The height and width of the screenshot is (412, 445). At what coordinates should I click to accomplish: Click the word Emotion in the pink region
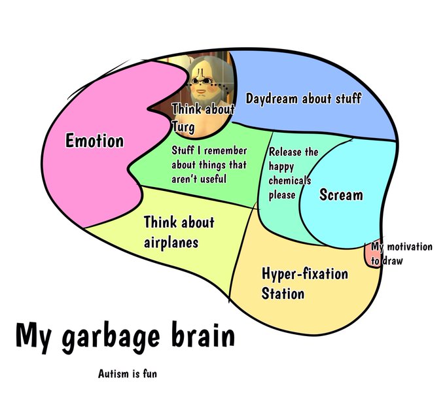click(94, 141)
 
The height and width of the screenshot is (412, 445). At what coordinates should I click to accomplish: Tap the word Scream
click(341, 195)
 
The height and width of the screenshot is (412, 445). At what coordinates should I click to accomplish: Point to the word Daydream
click(272, 99)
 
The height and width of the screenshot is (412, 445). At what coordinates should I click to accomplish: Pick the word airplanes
click(171, 243)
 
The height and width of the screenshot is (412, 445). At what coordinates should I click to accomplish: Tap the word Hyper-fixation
click(304, 273)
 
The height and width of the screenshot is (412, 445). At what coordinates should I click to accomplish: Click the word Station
click(283, 293)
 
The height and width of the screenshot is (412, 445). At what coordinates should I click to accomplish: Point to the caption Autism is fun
click(127, 375)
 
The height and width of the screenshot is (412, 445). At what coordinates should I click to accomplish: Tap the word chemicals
click(289, 180)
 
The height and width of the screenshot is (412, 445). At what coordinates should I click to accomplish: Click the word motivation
click(409, 247)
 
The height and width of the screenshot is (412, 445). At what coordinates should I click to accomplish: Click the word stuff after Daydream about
click(348, 99)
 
